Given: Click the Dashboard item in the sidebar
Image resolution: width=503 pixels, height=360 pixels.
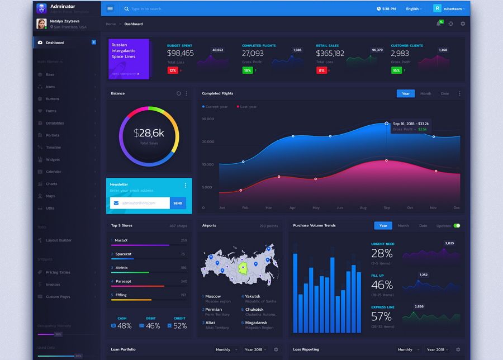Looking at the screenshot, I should (x=55, y=42).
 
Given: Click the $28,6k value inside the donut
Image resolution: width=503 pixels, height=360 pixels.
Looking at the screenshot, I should (x=149, y=133).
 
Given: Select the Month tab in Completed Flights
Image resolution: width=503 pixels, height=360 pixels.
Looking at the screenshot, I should (x=425, y=93).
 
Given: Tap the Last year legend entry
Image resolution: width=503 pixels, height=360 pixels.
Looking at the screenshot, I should (x=248, y=106).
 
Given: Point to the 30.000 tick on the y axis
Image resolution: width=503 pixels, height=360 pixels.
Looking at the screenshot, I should (x=208, y=119).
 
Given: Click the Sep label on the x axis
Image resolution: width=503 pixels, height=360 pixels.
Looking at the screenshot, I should (x=386, y=207).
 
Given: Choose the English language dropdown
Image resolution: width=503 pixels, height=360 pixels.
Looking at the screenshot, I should (x=414, y=9).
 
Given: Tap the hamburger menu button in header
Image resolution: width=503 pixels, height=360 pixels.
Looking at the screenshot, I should (x=110, y=8).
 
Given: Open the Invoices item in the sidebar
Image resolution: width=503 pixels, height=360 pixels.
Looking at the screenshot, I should (x=53, y=285).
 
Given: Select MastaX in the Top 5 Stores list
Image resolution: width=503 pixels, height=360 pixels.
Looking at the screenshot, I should (x=121, y=240).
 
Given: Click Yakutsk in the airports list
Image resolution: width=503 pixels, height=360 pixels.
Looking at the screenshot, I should (x=253, y=296).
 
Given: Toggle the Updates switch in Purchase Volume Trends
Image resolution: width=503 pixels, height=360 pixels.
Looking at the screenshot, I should (x=457, y=226).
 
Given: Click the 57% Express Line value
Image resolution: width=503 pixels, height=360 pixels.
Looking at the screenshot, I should (x=382, y=317).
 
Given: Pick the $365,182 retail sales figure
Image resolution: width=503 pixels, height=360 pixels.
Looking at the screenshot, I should (x=330, y=53).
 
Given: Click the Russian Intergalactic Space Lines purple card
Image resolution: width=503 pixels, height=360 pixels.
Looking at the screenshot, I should (x=129, y=59).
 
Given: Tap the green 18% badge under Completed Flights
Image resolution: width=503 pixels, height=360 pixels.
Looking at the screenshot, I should (x=247, y=70).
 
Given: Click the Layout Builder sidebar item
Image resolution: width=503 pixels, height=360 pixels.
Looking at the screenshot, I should (x=59, y=240).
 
